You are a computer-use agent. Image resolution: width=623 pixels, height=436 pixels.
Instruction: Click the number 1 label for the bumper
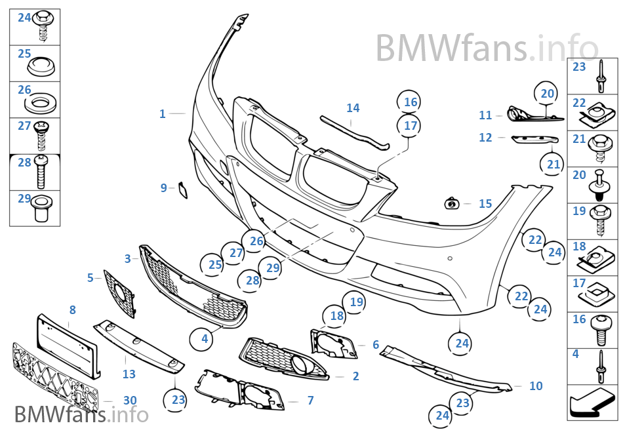(x=162, y=114)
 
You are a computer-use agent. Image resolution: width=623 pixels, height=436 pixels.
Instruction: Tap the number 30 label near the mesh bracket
(x=130, y=400)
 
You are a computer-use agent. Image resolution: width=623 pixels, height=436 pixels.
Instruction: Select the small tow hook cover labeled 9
(x=184, y=189)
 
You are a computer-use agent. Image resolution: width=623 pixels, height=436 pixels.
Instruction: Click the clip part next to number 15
(x=452, y=203)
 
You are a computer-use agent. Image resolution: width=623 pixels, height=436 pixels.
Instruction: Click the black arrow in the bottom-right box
(x=588, y=403)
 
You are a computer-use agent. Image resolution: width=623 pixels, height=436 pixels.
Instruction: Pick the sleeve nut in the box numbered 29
(x=40, y=208)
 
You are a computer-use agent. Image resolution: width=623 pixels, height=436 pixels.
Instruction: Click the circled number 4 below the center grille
(x=204, y=339)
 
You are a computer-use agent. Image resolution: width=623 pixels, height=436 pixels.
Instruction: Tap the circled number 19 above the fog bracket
(x=356, y=302)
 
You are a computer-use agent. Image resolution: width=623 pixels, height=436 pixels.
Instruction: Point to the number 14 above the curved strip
(x=353, y=108)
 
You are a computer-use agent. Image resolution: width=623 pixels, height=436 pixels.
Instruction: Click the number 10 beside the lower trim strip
(x=536, y=386)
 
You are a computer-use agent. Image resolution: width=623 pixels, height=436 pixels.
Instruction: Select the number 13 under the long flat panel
(x=129, y=374)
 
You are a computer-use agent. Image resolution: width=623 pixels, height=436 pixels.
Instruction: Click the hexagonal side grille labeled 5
(x=119, y=294)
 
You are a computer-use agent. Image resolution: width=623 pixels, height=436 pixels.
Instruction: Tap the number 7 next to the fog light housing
(x=310, y=400)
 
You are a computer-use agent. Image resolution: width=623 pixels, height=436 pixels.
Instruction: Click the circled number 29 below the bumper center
(x=273, y=268)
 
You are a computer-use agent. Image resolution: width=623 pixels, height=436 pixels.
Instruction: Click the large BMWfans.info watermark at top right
(x=487, y=48)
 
